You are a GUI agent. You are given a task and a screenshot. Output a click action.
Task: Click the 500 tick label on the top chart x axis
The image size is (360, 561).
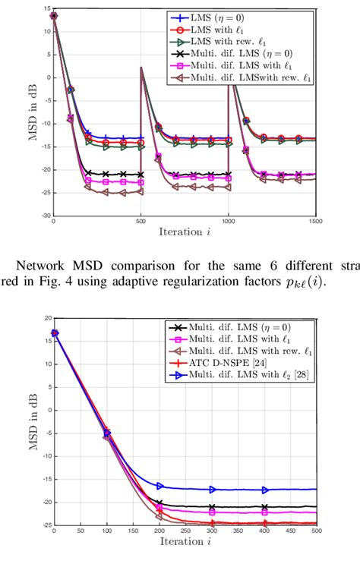(x=141, y=222)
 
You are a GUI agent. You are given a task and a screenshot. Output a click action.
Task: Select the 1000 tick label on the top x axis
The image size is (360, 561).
(x=228, y=222)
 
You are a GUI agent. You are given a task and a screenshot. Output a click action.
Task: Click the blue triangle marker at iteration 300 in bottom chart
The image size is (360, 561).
(x=211, y=490)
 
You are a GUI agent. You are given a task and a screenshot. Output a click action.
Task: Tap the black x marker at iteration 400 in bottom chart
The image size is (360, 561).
(x=264, y=506)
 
